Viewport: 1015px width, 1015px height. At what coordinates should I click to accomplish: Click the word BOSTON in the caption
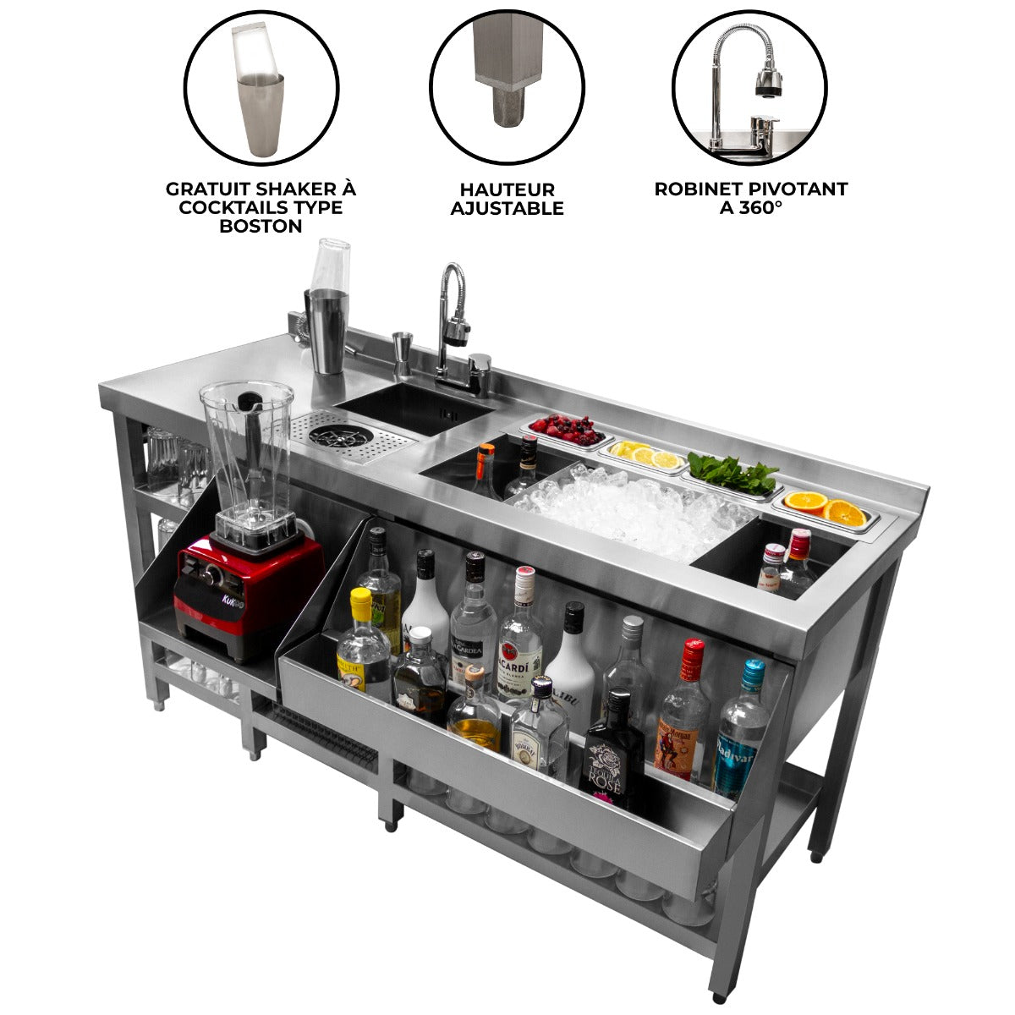(x=261, y=226)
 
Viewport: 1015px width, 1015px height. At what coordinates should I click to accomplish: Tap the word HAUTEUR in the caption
(x=507, y=189)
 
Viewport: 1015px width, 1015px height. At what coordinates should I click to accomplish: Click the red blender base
(x=248, y=583)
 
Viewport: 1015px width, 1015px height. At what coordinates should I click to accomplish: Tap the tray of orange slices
(x=826, y=508)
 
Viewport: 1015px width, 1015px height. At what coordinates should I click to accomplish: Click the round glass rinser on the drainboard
(x=328, y=436)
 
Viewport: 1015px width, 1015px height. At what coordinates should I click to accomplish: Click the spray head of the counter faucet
(x=457, y=328)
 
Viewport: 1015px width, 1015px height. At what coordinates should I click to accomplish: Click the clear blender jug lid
(x=247, y=396)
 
